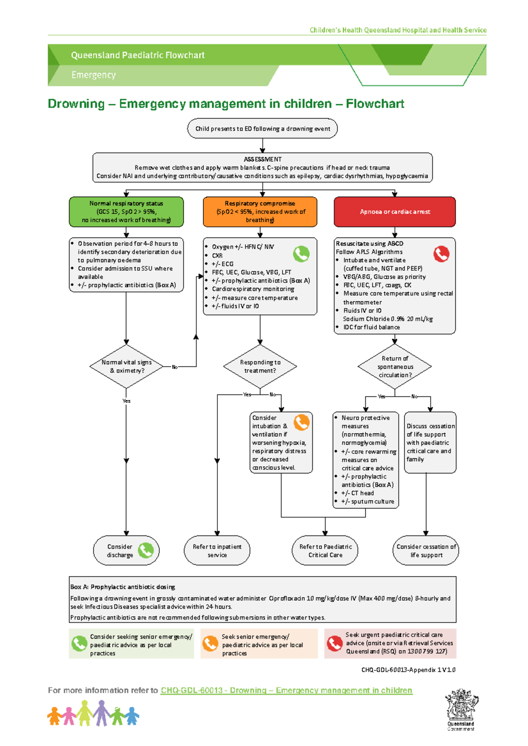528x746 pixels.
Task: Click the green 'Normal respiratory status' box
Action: pos(126,212)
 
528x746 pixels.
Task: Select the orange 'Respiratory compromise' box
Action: pos(260,212)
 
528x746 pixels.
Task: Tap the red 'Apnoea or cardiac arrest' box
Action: pos(395,212)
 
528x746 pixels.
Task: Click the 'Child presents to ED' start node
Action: pos(263,128)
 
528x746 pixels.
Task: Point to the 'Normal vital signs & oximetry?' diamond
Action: pos(126,366)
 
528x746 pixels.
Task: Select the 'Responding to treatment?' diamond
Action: pos(260,366)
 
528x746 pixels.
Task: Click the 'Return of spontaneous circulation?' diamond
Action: pos(395,366)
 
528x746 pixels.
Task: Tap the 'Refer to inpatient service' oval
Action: pos(217,550)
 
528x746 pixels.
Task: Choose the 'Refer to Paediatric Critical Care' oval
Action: pos(325,550)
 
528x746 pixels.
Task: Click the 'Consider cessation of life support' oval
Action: pos(425,550)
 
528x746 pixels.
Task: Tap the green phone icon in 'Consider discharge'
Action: pos(146,550)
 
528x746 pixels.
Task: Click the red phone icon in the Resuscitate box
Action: pos(441,254)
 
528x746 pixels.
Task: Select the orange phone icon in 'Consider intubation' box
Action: pos(301,422)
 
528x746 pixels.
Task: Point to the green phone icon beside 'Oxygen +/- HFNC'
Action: pos(301,254)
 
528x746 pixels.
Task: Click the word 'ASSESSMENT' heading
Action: pos(263,159)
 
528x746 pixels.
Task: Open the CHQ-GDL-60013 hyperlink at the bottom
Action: pos(286,690)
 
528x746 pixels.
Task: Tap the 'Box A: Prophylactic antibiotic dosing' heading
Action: pos(123,587)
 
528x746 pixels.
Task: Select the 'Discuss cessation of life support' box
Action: pos(430,442)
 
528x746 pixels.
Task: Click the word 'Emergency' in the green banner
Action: pos(93,75)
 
